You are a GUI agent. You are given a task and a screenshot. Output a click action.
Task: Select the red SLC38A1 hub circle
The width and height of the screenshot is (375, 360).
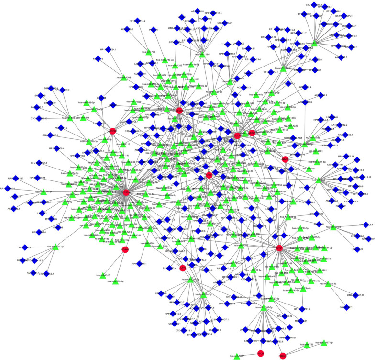[x=126, y=192]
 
